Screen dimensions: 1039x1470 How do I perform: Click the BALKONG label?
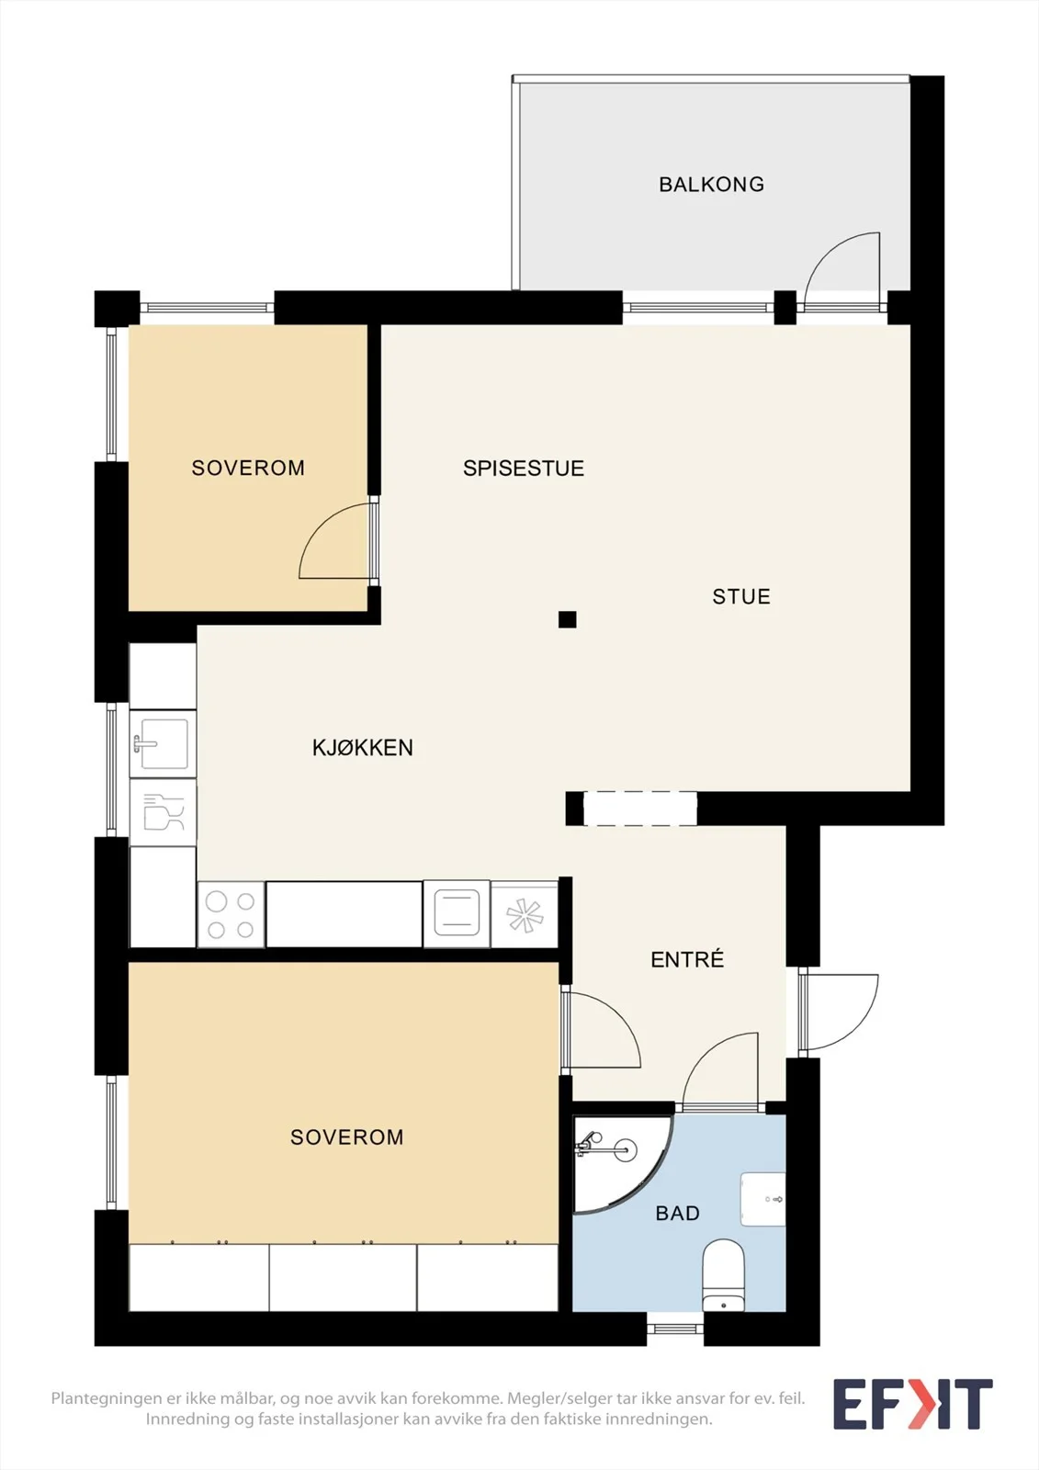tap(711, 185)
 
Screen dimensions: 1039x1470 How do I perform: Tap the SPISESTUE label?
tap(523, 468)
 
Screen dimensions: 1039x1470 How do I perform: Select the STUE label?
tap(741, 596)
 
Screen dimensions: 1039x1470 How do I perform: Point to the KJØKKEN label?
tap(362, 748)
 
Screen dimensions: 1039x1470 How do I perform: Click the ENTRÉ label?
tap(687, 959)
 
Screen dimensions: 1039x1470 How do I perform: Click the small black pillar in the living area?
tap(568, 619)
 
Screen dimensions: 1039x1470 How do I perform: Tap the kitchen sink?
tap(163, 743)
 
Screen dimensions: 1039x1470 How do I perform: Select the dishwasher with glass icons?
tap(163, 812)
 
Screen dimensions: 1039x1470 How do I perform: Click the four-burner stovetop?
tap(231, 914)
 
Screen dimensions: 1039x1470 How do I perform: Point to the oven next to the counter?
tap(457, 913)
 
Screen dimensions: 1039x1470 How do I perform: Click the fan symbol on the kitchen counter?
tap(525, 915)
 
